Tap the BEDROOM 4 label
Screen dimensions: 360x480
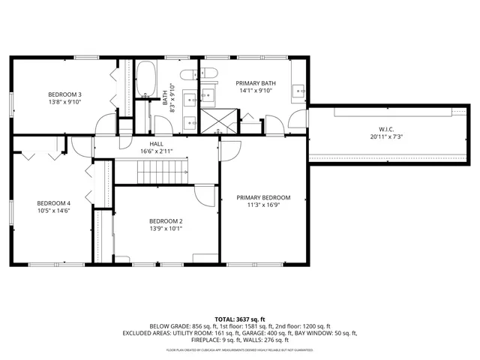[54, 202]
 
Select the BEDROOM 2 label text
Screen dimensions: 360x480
[166, 220]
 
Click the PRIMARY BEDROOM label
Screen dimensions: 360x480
[263, 198]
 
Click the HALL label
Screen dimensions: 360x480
[156, 143]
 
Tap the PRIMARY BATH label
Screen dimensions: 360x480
[256, 82]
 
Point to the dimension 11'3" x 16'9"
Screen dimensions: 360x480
[263, 206]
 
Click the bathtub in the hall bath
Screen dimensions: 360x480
[145, 78]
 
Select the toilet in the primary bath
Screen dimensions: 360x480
[208, 72]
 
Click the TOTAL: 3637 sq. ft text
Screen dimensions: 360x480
[240, 318]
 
